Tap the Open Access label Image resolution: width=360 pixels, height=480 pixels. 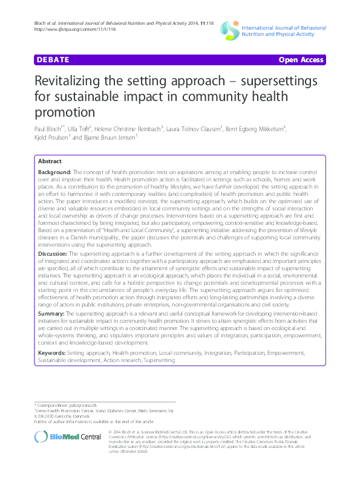301,60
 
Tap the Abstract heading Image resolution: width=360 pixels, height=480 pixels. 50,162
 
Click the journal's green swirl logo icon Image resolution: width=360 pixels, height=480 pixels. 227,28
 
